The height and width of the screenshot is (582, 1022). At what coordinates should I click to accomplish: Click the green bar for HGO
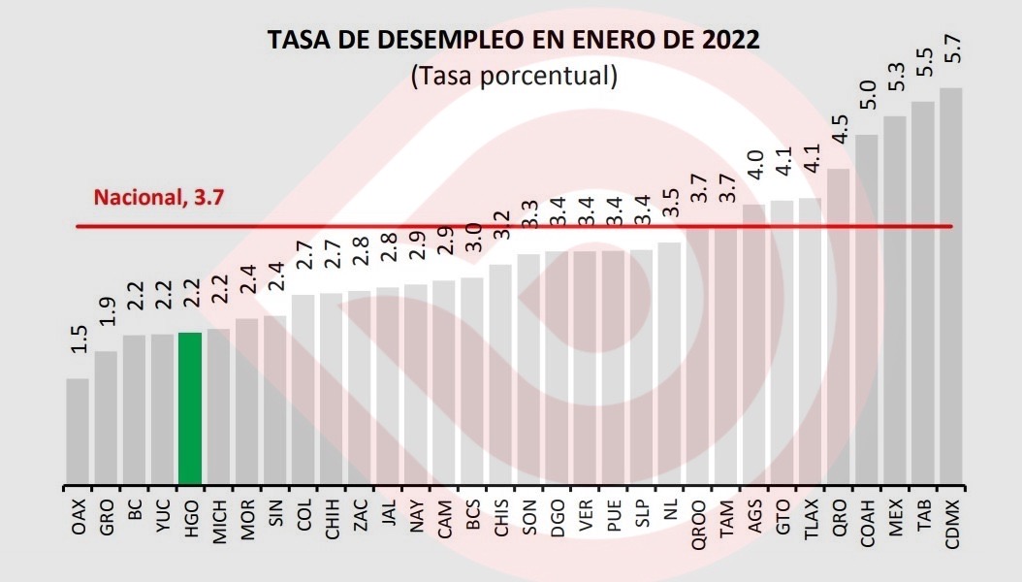point(190,407)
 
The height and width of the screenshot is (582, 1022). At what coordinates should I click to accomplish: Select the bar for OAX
point(78,431)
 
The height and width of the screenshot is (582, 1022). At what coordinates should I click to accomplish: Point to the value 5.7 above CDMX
point(952,48)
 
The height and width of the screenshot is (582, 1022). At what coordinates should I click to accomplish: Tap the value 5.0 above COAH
point(868,97)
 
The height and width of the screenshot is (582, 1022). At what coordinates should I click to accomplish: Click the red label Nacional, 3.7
point(159,198)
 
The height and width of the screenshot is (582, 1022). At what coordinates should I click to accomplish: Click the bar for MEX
point(895,301)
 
